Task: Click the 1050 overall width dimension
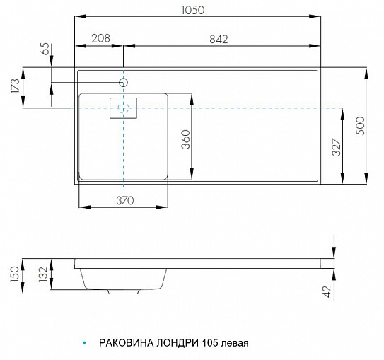[x=193, y=10]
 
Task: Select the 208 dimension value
[x=101, y=38]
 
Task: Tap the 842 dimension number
[x=219, y=39]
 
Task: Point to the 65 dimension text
[x=46, y=49]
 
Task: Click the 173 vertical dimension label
[x=15, y=86]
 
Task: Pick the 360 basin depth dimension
[x=185, y=139]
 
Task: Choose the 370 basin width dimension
[x=125, y=201]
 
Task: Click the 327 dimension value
[x=337, y=147]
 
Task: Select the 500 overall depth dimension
[x=360, y=126]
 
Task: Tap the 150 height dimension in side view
[x=15, y=274]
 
